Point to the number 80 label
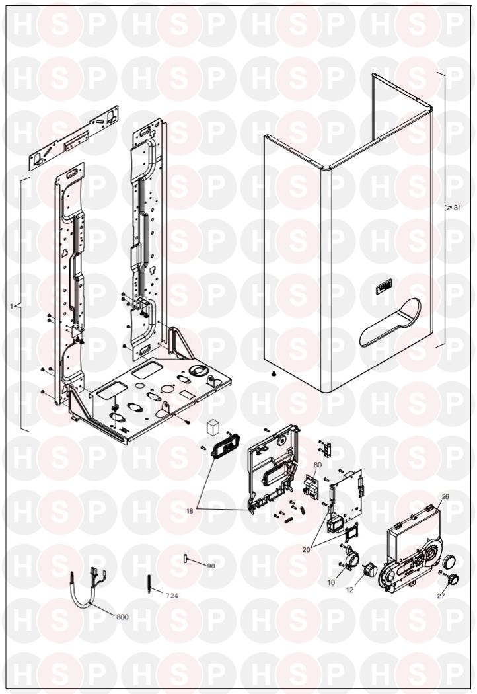(x=318, y=465)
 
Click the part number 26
(x=445, y=497)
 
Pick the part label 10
(x=331, y=582)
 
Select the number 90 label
(x=211, y=566)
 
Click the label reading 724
(x=172, y=596)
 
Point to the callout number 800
(x=122, y=617)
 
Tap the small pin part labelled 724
(x=149, y=584)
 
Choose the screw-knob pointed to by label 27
(x=454, y=579)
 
